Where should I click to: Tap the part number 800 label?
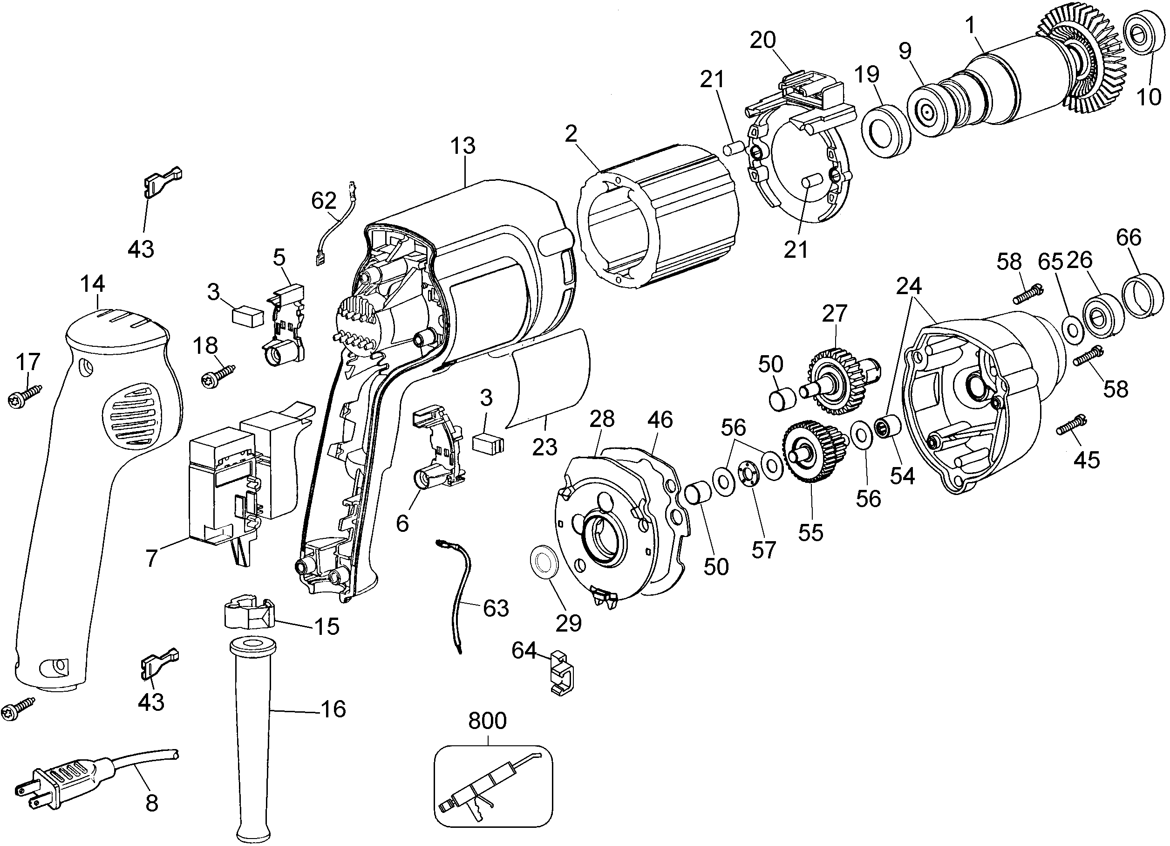[x=487, y=721]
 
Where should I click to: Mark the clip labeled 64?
[x=562, y=674]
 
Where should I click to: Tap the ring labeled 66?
[x=1143, y=297]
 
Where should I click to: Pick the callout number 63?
[x=496, y=608]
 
